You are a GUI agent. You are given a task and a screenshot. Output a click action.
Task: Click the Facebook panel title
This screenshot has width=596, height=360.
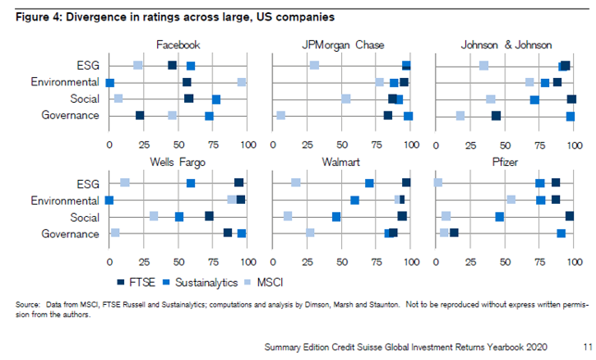pyautogui.click(x=178, y=45)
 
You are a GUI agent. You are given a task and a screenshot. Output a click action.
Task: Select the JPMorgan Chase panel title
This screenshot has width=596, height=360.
pyautogui.click(x=343, y=45)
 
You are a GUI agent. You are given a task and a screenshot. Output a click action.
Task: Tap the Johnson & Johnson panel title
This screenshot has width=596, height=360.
pyautogui.click(x=506, y=45)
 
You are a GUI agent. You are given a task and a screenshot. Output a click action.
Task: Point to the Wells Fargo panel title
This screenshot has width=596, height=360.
pyautogui.click(x=178, y=162)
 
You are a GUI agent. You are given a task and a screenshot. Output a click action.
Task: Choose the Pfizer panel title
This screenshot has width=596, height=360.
pyautogui.click(x=506, y=162)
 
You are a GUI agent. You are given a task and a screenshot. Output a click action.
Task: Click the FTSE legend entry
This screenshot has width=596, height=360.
pyautogui.click(x=136, y=282)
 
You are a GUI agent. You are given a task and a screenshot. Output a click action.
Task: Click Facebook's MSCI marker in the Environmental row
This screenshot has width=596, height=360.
pyautogui.click(x=242, y=82)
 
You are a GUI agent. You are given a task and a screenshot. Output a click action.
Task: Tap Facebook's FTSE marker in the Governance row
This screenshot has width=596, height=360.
pyautogui.click(x=140, y=116)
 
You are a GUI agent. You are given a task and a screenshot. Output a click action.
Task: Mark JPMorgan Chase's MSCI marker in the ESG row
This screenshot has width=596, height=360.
pyautogui.click(x=314, y=65)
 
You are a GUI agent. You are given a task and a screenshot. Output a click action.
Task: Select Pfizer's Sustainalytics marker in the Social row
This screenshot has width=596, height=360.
pyautogui.click(x=500, y=216)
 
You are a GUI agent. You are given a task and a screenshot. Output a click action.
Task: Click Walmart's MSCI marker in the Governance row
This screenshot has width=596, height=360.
pyautogui.click(x=310, y=233)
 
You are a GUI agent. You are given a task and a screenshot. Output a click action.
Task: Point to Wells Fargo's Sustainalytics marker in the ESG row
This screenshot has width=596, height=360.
pyautogui.click(x=191, y=182)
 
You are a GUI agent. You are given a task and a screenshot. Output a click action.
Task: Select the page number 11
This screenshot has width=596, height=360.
pyautogui.click(x=584, y=347)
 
